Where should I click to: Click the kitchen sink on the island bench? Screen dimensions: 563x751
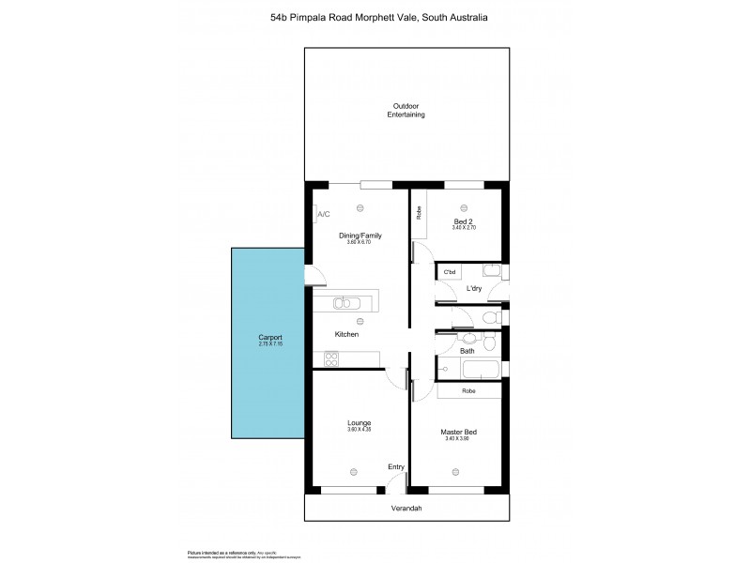[345, 302]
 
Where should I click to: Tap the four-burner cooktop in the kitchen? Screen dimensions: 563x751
[331, 358]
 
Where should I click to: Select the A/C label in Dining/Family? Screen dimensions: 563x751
[324, 215]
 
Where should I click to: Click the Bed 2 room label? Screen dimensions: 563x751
[463, 221]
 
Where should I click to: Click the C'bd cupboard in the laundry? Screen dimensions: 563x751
[449, 272]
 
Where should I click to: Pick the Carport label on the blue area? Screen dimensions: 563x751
[270, 337]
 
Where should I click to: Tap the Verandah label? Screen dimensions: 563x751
[406, 509]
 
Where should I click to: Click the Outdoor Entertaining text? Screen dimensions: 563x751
[406, 110]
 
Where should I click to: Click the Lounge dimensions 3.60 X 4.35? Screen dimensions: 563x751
[359, 429]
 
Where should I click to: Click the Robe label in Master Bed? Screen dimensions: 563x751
[468, 390]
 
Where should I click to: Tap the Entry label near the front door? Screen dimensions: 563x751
[396, 465]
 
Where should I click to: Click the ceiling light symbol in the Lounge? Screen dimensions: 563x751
[353, 472]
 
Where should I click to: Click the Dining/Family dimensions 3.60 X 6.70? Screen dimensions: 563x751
[359, 242]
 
